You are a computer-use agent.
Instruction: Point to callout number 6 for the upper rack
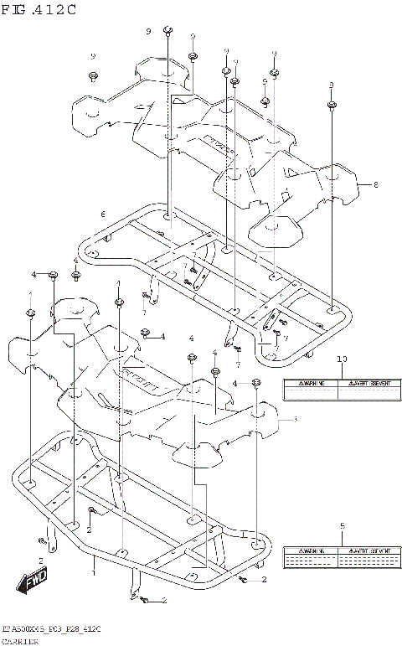pyautogui.click(x=102, y=214)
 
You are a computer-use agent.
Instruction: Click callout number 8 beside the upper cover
pyautogui.click(x=376, y=184)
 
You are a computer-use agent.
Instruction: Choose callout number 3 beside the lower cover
pyautogui.click(x=295, y=420)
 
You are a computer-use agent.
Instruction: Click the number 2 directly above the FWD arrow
pyautogui.click(x=39, y=560)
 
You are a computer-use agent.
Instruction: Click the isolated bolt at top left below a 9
pyautogui.click(x=93, y=77)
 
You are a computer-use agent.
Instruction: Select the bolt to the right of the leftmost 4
pyautogui.click(x=54, y=275)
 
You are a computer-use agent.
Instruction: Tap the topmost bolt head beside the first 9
pyautogui.click(x=167, y=32)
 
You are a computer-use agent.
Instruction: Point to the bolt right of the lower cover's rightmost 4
pyautogui.click(x=257, y=383)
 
